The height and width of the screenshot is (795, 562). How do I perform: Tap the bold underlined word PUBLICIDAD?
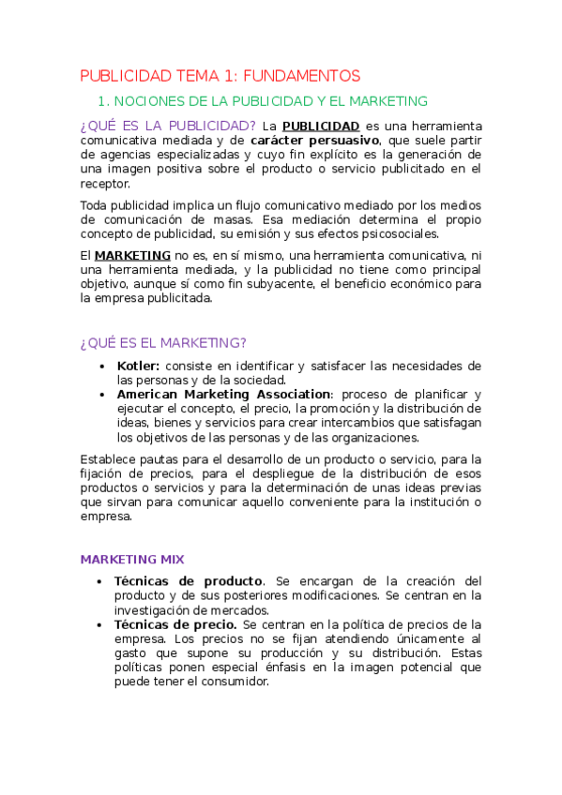point(321,126)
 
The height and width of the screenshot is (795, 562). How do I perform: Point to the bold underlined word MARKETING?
point(132,255)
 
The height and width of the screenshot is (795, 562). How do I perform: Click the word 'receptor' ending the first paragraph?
point(104,184)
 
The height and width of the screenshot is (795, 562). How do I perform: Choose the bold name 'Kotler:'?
point(139,366)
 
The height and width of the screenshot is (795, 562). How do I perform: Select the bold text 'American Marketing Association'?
point(223,395)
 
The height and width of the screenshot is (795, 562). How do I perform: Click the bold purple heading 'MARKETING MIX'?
point(132,560)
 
